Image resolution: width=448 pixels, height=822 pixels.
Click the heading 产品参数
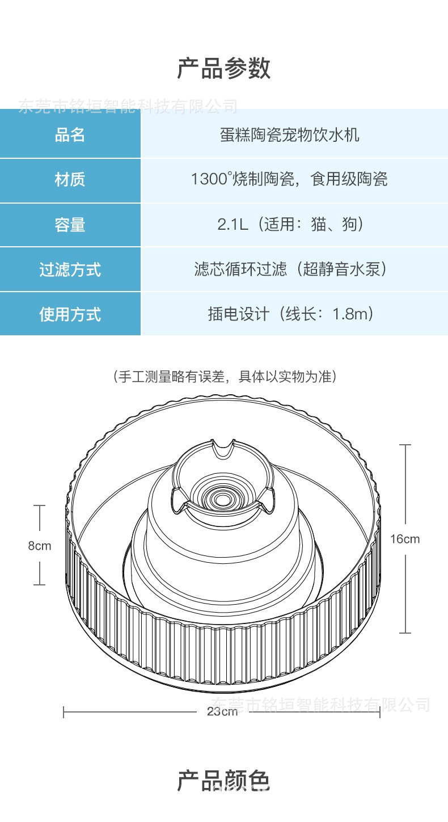(x=224, y=69)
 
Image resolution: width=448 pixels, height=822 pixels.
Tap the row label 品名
(x=70, y=135)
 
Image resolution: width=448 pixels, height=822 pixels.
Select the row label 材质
(x=70, y=180)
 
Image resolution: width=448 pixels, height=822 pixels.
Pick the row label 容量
(x=70, y=225)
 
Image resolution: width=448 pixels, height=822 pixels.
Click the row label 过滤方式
(x=70, y=269)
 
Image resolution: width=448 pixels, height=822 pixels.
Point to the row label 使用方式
(x=70, y=314)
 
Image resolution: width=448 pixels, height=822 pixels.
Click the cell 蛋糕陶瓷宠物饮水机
(x=289, y=135)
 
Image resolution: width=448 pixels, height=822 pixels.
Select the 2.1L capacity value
(x=233, y=224)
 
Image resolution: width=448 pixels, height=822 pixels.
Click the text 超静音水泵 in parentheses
(x=345, y=269)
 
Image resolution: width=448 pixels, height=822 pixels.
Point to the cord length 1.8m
(x=352, y=314)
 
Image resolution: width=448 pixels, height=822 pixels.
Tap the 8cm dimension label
(x=40, y=546)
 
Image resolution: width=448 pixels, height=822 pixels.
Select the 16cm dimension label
(x=405, y=539)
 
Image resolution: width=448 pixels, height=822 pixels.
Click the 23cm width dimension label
(x=222, y=711)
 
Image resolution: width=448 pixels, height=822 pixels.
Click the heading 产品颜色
(x=224, y=781)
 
